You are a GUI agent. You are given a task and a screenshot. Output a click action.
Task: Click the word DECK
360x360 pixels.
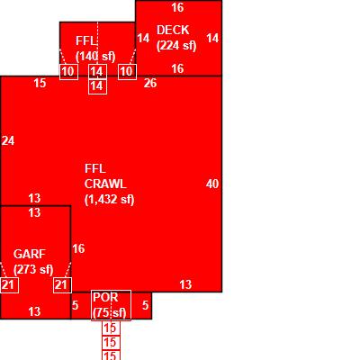(x=173, y=30)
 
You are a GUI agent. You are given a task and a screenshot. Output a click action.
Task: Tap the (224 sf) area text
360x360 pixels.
(x=176, y=46)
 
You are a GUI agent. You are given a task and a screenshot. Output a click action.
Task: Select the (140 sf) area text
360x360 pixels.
(x=95, y=56)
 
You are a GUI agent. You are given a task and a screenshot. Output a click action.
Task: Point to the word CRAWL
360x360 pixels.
(x=105, y=184)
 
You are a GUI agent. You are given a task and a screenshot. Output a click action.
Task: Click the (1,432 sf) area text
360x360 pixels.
(x=110, y=200)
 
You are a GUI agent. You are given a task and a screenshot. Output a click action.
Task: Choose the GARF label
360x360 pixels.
(x=30, y=254)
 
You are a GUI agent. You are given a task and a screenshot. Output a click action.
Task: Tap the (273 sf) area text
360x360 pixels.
(x=33, y=269)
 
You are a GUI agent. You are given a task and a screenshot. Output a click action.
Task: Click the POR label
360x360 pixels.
(x=105, y=297)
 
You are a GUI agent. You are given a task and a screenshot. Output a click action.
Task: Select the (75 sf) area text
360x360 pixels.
(x=110, y=313)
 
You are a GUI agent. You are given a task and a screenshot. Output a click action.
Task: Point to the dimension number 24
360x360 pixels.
(x=8, y=140)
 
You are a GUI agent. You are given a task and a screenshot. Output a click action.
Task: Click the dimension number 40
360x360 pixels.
(x=212, y=184)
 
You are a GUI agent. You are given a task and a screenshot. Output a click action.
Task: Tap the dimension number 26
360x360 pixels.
(x=150, y=83)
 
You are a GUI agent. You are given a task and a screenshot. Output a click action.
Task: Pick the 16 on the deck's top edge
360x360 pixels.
(x=177, y=7)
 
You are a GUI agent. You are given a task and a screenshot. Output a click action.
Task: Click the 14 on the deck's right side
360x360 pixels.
(x=212, y=38)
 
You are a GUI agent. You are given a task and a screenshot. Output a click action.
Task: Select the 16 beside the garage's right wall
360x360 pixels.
(x=78, y=248)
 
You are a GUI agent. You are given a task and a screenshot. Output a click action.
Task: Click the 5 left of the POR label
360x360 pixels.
(x=75, y=305)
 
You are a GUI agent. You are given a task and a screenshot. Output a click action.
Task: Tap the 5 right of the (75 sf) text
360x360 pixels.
(x=145, y=305)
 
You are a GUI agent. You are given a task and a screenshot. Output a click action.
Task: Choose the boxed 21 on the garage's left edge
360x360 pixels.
(x=8, y=285)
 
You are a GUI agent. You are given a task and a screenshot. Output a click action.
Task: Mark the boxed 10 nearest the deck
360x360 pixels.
(x=127, y=72)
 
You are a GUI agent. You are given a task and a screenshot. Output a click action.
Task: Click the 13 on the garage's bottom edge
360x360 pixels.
(x=34, y=311)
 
